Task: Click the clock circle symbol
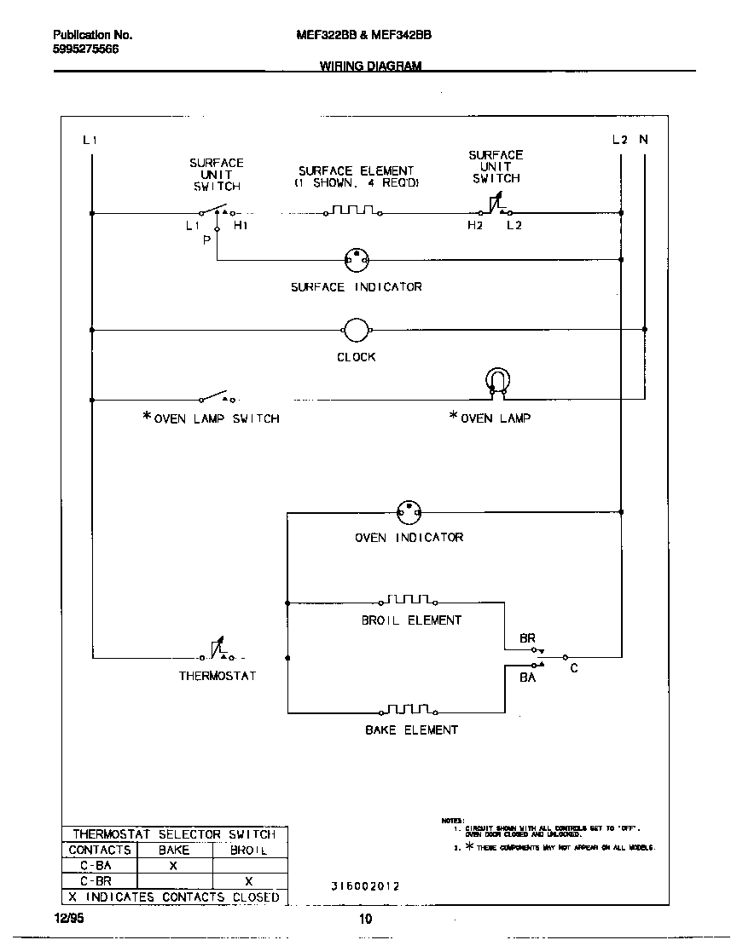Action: click(356, 329)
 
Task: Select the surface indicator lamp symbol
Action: click(356, 258)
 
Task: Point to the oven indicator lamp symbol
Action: click(409, 512)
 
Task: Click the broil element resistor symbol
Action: click(411, 600)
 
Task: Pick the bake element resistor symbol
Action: click(411, 710)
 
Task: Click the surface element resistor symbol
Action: click(353, 210)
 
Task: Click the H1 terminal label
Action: click(241, 226)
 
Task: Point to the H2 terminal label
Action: click(474, 226)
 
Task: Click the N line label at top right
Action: click(644, 140)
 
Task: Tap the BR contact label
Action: click(527, 637)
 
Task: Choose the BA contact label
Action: click(527, 678)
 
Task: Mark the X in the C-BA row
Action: click(173, 865)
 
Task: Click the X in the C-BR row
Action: click(249, 881)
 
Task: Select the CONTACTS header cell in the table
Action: click(100, 850)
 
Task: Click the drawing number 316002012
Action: click(364, 886)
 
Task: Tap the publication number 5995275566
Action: click(86, 49)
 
